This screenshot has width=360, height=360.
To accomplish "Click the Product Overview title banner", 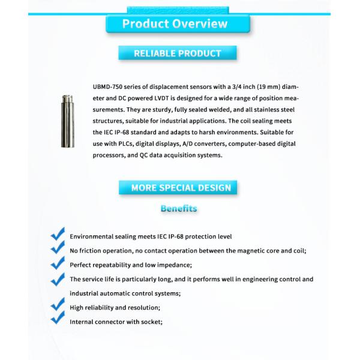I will [175, 24].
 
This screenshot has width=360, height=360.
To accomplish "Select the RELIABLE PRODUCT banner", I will [177, 53].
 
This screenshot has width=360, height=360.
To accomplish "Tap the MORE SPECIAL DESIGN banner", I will [181, 188].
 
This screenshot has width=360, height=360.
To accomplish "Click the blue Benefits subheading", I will [179, 209].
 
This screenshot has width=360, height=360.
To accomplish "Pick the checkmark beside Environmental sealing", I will [58, 233].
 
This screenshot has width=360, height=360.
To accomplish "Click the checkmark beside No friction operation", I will [58, 248].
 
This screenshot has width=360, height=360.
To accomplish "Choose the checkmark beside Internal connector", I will [58, 319].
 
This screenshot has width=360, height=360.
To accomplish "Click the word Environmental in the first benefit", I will [92, 236].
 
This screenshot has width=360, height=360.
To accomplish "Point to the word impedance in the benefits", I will [174, 265].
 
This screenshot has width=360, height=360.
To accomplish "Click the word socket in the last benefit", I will [151, 322].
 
